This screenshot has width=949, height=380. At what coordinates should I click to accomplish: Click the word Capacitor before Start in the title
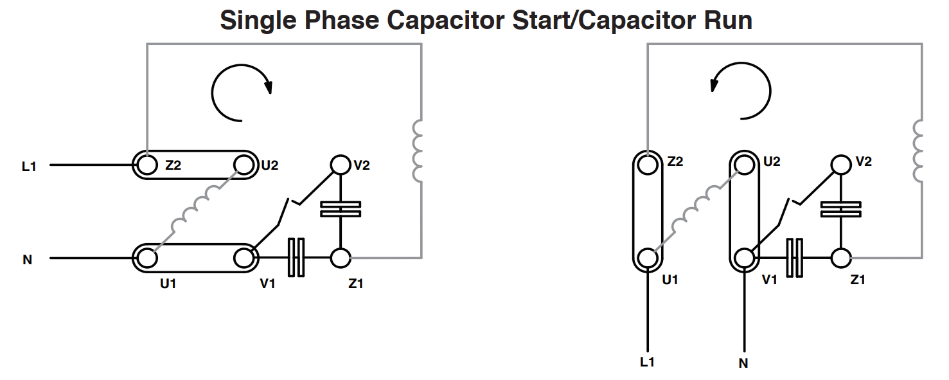[445, 21]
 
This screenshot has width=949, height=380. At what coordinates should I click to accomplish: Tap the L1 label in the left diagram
[29, 167]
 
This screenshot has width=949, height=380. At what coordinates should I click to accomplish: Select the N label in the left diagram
[27, 260]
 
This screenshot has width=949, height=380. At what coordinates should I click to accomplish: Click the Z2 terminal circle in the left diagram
[147, 165]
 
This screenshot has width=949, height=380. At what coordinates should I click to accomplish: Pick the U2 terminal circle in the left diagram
[244, 165]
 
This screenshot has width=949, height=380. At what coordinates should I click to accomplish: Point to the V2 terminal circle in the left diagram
[340, 165]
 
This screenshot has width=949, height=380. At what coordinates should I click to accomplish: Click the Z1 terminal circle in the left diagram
[340, 258]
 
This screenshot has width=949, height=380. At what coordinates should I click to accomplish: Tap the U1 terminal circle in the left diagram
[147, 258]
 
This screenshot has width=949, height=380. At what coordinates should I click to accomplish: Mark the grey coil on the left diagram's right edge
[418, 151]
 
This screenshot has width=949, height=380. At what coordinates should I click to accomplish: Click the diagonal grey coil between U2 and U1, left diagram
[196, 210]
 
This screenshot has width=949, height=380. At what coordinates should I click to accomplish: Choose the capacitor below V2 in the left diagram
[340, 209]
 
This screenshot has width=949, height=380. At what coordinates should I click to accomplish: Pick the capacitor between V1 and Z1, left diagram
[296, 258]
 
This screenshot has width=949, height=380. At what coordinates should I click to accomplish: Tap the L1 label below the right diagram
[648, 362]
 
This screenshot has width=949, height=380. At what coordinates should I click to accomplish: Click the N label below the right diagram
[743, 363]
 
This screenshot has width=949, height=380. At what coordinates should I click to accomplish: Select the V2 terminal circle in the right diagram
[841, 165]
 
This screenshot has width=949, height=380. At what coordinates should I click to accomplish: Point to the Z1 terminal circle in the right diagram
[841, 258]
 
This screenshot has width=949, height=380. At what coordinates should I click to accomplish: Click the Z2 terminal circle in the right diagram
[648, 165]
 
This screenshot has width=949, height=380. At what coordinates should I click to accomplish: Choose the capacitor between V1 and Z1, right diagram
[794, 258]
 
